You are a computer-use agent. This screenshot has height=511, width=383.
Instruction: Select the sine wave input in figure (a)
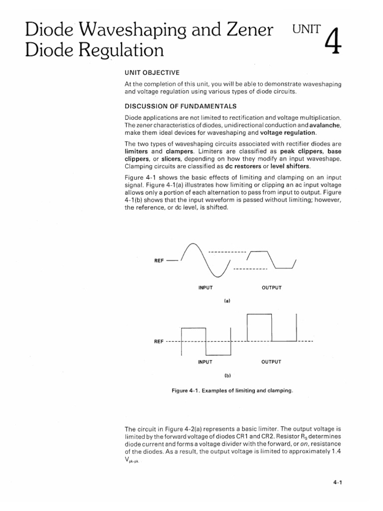coord(205,258)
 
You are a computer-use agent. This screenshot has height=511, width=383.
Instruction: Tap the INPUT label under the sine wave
coord(205,288)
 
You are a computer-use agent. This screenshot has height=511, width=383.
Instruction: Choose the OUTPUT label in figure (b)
coord(271,362)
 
